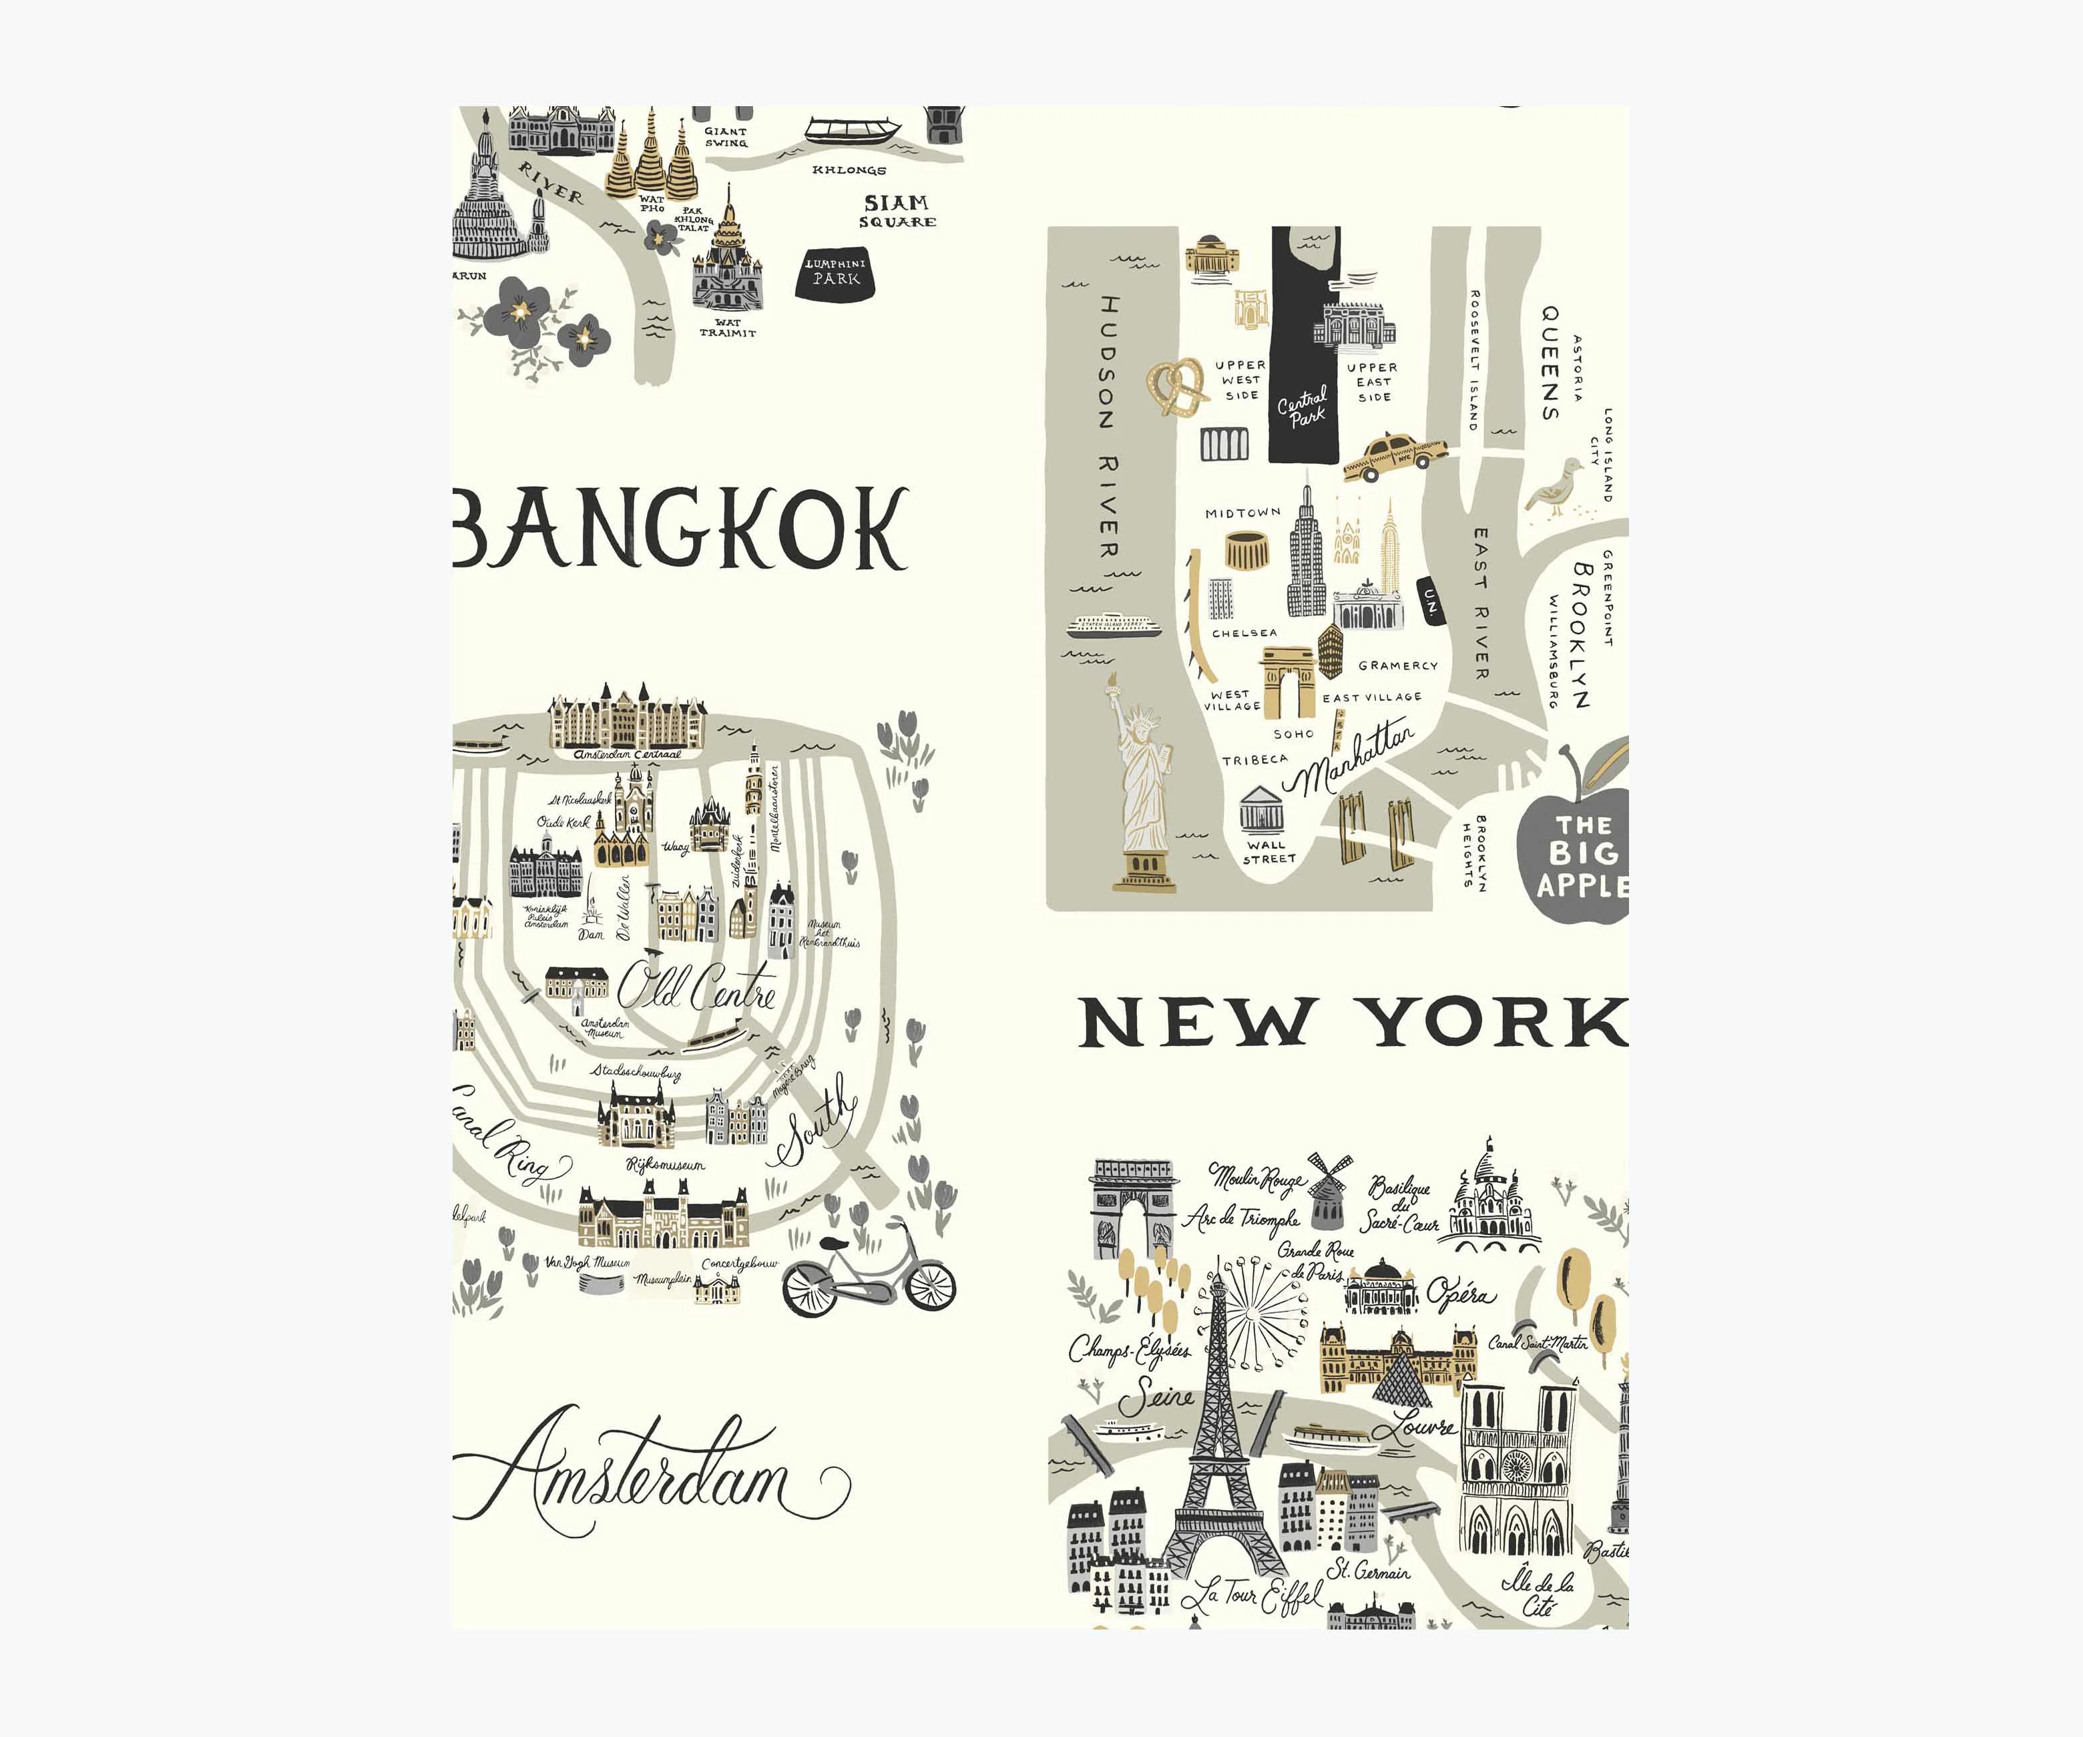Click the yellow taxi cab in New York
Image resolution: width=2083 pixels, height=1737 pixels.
click(1395, 457)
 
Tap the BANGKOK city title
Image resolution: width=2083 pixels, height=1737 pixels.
click(682, 528)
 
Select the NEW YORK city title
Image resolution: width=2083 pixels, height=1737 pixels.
click(1353, 1023)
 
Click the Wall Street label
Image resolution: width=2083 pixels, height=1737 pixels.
click(1268, 851)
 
